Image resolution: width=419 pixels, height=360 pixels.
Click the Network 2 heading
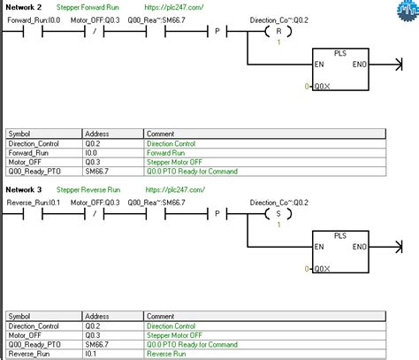pos(23,6)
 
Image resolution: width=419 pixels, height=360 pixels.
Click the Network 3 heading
pos(23,189)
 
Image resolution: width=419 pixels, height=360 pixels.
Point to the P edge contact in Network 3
pos(217,214)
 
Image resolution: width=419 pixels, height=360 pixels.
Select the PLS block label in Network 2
pos(339,52)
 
